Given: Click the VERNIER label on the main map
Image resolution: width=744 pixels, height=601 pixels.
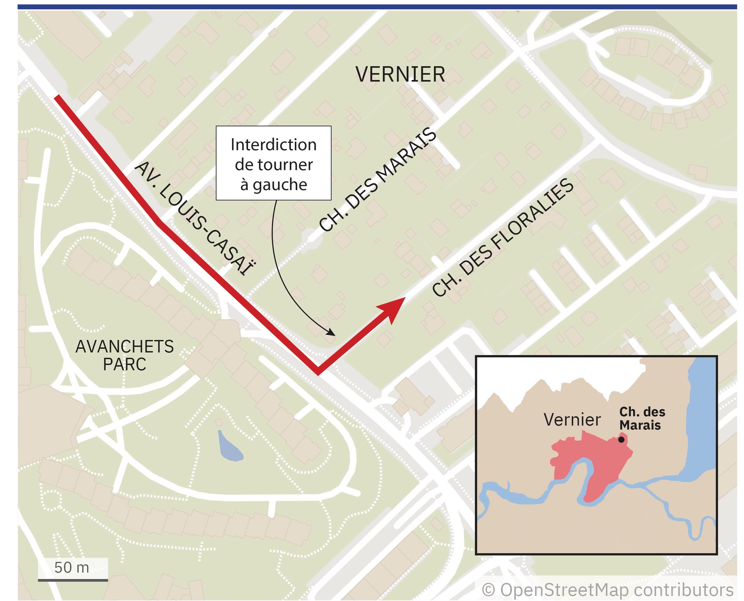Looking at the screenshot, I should (x=400, y=75).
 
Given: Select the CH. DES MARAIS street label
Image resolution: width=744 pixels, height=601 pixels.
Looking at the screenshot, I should (x=378, y=180).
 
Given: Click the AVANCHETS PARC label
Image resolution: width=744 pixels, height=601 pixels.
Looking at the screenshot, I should (x=125, y=355).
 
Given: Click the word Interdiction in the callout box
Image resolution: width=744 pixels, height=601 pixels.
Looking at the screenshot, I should (x=274, y=145).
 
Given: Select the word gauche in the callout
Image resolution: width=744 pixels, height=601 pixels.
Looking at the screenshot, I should (x=280, y=185).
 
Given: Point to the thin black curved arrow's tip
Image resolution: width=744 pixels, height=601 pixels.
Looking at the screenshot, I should (x=334, y=334).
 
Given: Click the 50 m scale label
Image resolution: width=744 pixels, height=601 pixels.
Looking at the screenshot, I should (x=72, y=567).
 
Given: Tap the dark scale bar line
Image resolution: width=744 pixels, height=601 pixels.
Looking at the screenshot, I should (x=73, y=580).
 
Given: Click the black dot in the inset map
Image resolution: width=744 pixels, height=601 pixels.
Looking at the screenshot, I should (x=621, y=439).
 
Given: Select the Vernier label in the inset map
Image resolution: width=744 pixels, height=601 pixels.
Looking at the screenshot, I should (x=572, y=420).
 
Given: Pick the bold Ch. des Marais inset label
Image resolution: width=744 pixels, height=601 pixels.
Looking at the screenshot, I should (x=642, y=418).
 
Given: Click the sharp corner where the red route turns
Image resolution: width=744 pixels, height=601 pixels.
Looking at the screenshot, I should (x=318, y=372).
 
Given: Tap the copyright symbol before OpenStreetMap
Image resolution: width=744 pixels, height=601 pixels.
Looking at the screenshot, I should (x=488, y=590).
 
